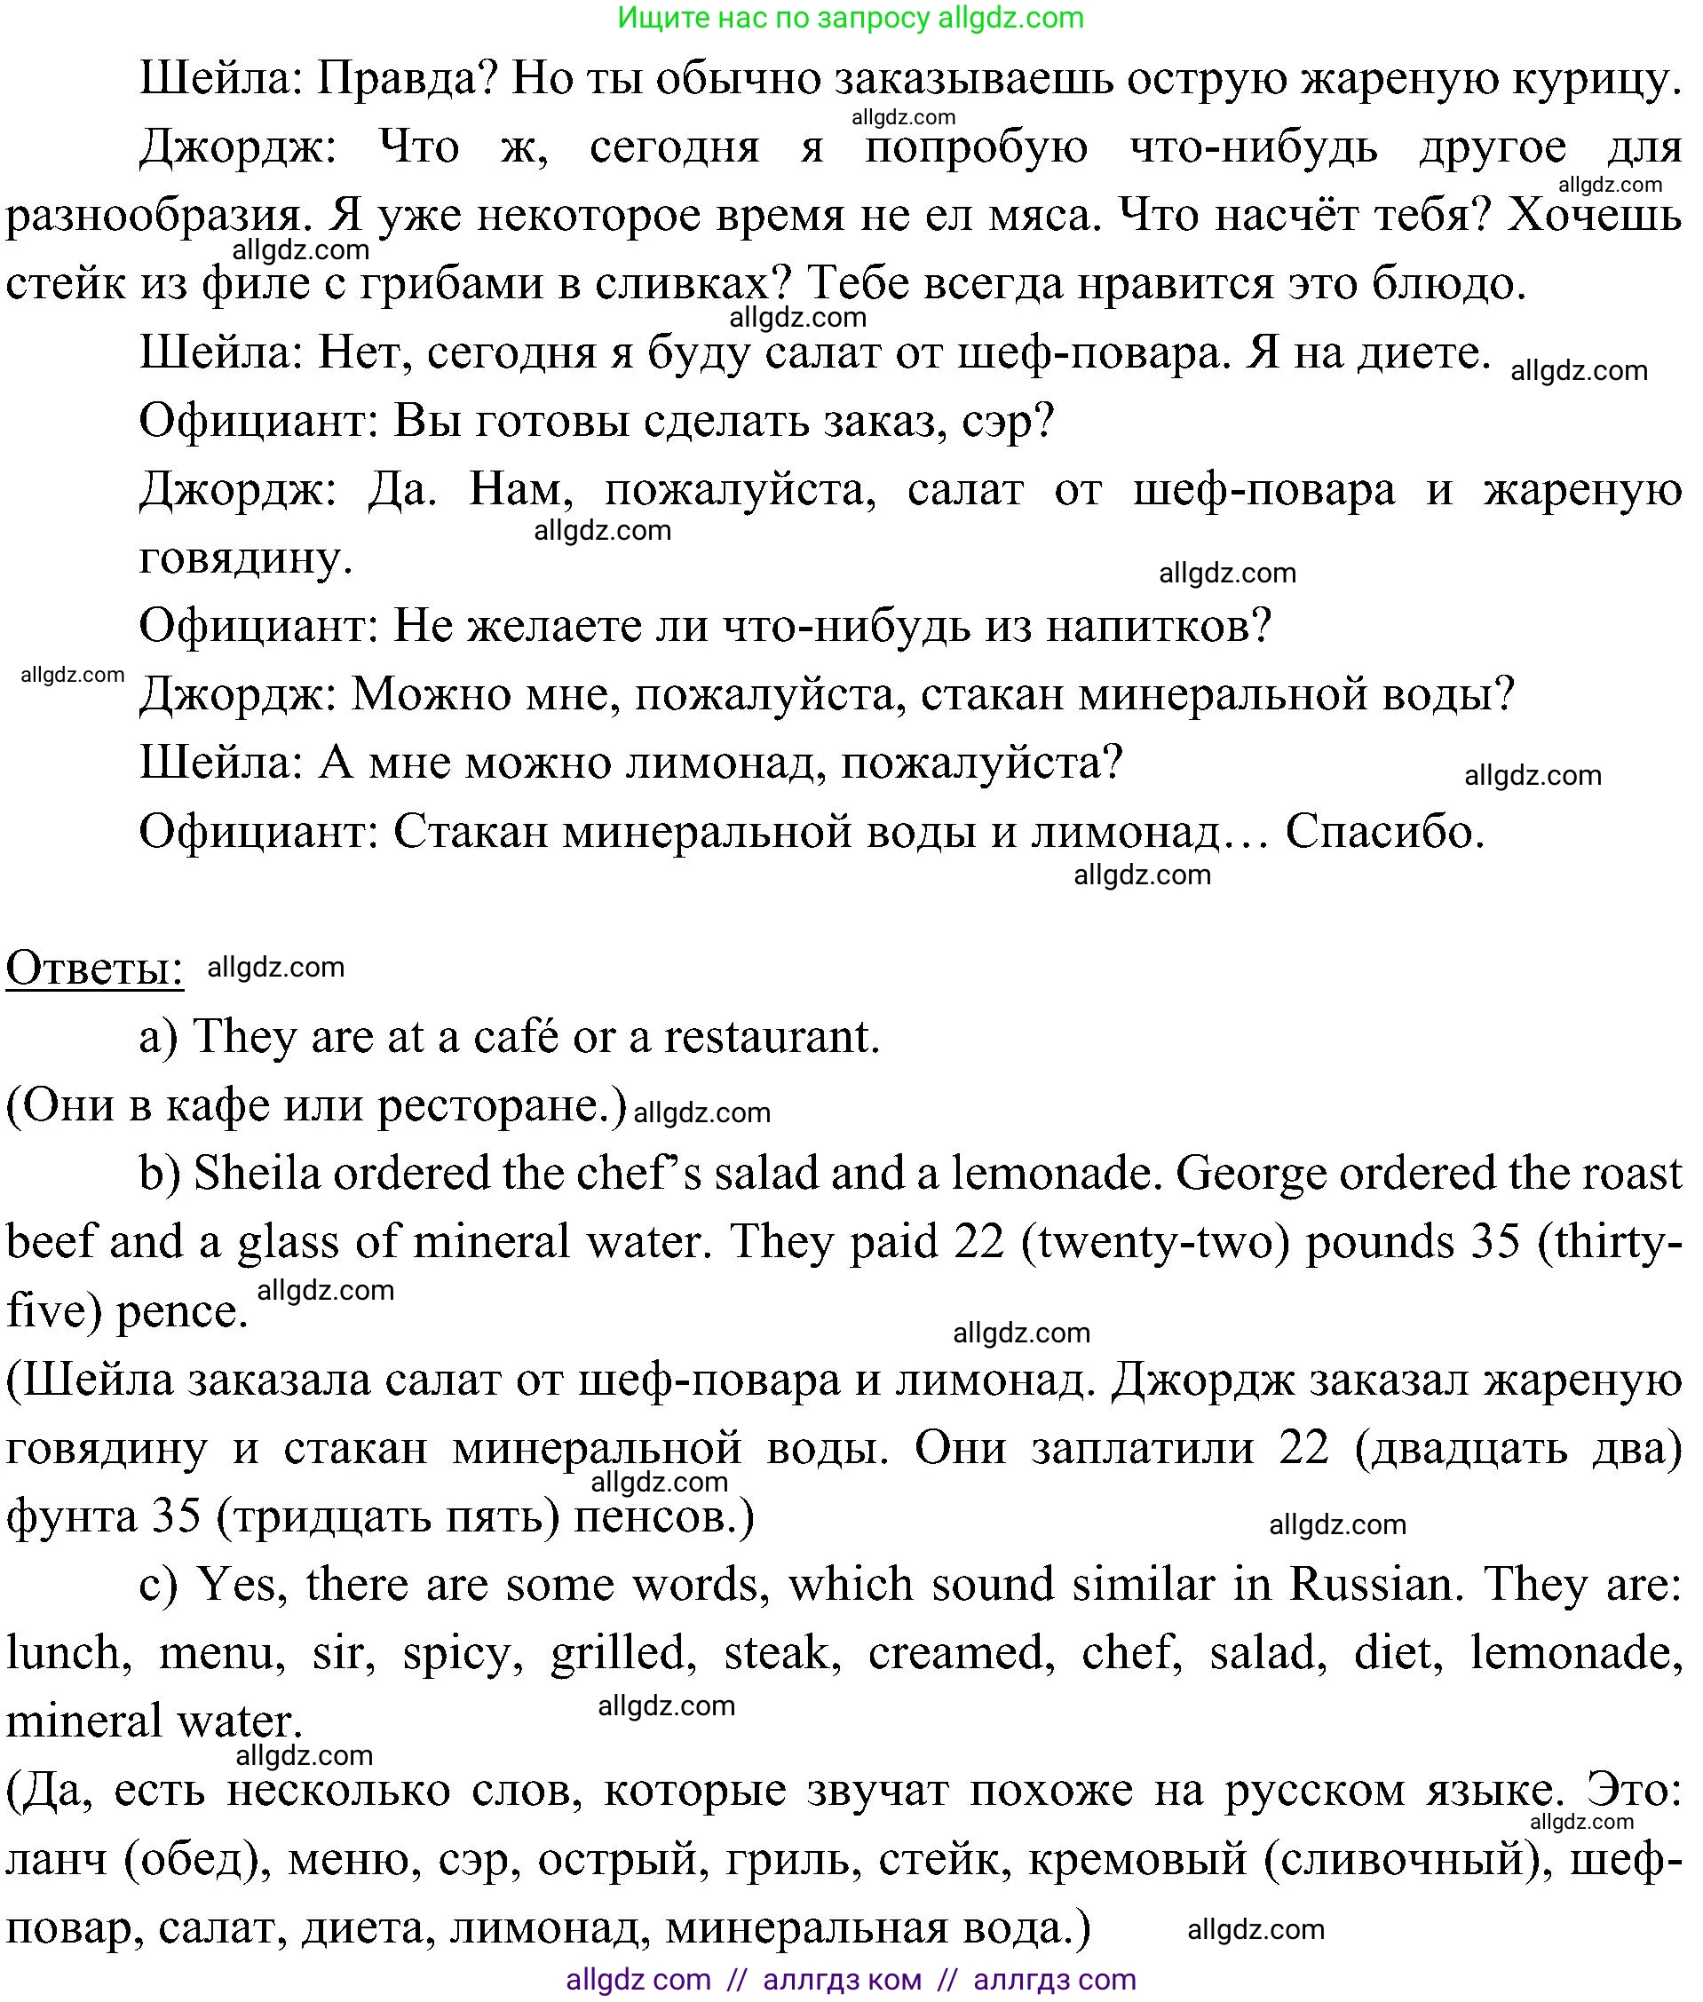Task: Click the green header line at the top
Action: tap(850, 18)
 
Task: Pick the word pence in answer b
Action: tap(181, 1311)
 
